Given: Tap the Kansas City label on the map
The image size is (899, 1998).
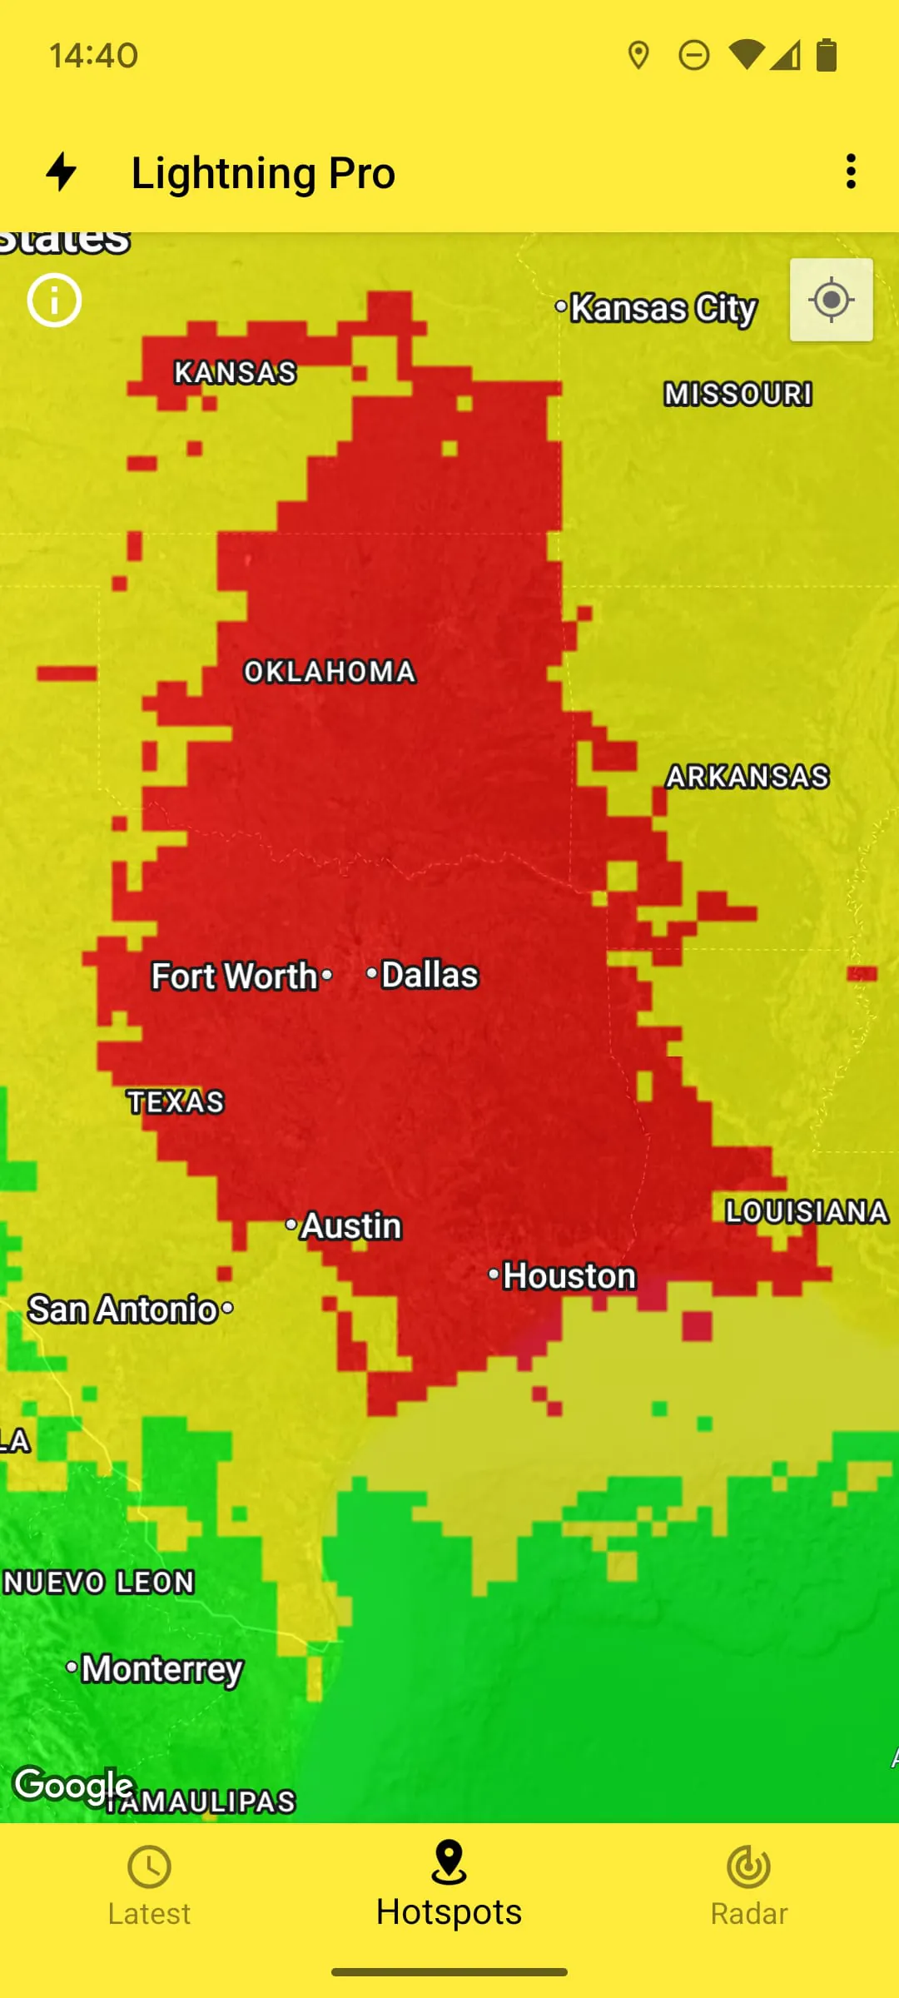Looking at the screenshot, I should click(x=663, y=308).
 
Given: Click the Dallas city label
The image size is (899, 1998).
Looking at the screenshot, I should click(x=429, y=975).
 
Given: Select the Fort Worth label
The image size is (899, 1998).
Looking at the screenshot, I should click(x=235, y=977).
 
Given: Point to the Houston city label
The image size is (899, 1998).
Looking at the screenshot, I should click(x=569, y=1276).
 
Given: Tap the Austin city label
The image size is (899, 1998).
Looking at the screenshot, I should click(x=350, y=1226).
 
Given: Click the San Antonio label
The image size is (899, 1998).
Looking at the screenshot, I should click(x=123, y=1310).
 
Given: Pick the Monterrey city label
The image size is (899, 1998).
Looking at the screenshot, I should click(x=161, y=1668).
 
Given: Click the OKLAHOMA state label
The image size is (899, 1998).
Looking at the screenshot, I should click(x=330, y=672).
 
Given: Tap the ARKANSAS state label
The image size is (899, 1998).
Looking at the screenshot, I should click(x=748, y=777).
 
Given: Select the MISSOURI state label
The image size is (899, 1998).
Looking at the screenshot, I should click(x=738, y=394).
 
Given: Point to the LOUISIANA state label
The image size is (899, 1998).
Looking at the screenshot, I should click(x=807, y=1212).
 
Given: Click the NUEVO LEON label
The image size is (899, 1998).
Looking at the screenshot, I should click(x=98, y=1582).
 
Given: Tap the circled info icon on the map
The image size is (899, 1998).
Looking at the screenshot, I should click(x=54, y=301).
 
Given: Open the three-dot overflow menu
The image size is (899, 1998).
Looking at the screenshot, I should click(x=851, y=171).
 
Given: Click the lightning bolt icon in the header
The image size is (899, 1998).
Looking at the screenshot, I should click(x=62, y=171).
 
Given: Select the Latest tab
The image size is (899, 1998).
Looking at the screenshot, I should click(x=149, y=1886).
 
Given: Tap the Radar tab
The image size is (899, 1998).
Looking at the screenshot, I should click(x=748, y=1886).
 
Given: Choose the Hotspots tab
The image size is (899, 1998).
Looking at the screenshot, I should click(x=449, y=1886).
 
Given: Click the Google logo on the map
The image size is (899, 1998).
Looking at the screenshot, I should click(x=73, y=1784).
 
